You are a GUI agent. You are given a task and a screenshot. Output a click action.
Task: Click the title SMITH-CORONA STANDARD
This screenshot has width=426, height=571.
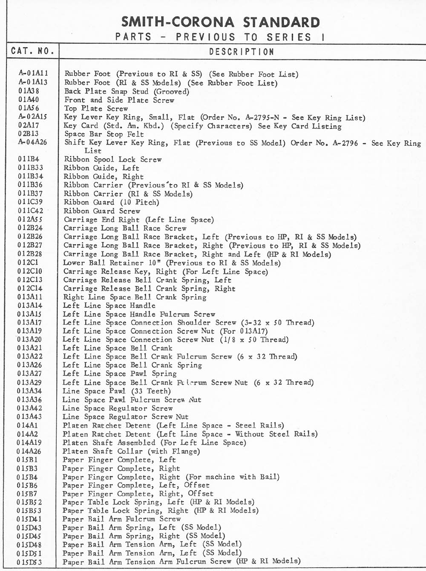point(220,22)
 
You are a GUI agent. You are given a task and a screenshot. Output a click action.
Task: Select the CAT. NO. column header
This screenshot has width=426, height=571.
point(33,51)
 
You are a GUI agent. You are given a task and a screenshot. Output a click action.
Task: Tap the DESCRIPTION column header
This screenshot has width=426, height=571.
point(242,52)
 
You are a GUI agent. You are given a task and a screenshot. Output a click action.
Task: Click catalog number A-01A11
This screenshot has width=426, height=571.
point(33,74)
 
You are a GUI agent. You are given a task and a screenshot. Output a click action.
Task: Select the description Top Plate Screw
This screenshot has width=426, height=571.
point(96,108)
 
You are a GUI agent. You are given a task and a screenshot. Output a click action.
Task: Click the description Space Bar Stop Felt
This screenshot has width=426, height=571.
point(104,134)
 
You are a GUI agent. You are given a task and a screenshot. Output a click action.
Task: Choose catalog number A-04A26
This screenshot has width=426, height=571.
point(33,143)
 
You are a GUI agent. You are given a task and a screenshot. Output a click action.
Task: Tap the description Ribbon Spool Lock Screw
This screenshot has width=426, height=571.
point(113,160)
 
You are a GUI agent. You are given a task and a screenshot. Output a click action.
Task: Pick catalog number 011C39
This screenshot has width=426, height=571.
point(30,202)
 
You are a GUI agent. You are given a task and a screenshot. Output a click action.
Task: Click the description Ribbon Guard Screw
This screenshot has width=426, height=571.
point(102,211)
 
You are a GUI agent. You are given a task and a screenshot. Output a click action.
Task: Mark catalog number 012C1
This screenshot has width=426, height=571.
point(28,263)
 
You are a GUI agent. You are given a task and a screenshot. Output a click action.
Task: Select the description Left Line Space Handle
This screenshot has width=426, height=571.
point(109,305)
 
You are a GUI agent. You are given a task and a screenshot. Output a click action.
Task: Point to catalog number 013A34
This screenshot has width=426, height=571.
point(30,391)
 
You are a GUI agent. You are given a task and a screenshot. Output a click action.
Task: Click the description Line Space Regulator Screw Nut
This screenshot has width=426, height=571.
point(125,417)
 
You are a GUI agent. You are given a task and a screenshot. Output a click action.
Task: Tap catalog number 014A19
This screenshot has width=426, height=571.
point(29,443)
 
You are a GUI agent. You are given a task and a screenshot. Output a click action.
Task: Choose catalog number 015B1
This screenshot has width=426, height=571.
point(28,460)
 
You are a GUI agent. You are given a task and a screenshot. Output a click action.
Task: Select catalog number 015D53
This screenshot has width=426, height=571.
point(29,562)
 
